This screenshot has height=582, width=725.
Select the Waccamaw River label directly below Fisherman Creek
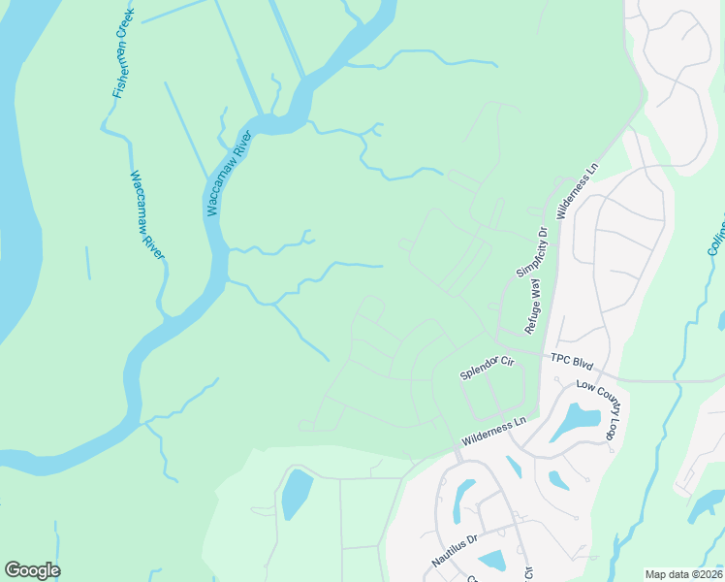(148, 215)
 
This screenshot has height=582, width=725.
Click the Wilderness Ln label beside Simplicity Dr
(578, 191)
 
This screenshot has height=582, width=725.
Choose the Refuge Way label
(533, 306)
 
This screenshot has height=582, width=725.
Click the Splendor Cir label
(487, 369)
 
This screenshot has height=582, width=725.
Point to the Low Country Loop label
(597, 409)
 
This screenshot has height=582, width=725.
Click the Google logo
(32, 570)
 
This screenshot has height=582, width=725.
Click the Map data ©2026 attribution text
(682, 574)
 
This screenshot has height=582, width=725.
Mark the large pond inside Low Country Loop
(576, 422)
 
